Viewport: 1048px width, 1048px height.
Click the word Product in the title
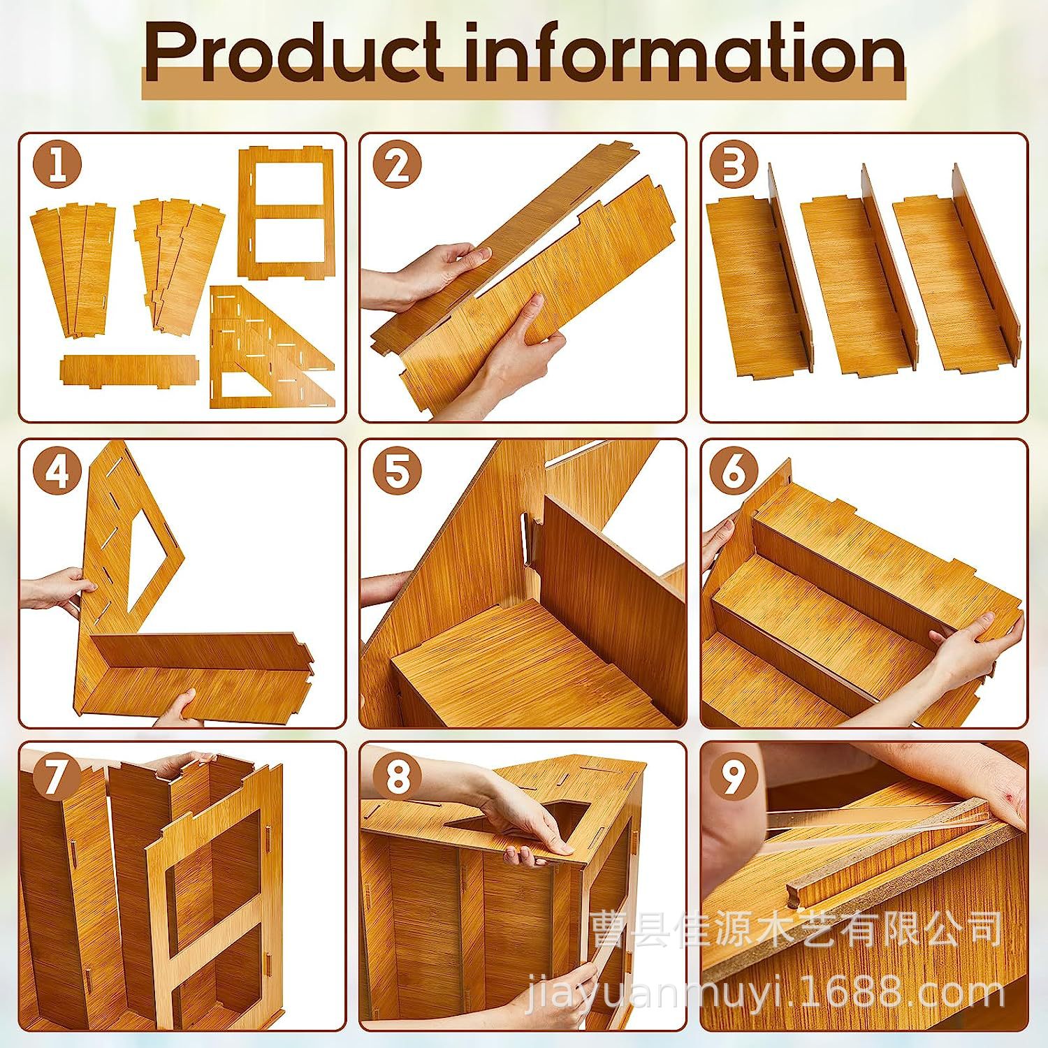click(x=292, y=53)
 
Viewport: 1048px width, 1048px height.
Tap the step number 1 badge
click(x=57, y=166)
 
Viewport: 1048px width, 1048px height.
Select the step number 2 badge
click(x=398, y=166)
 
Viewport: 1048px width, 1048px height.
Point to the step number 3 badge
click(x=734, y=166)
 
